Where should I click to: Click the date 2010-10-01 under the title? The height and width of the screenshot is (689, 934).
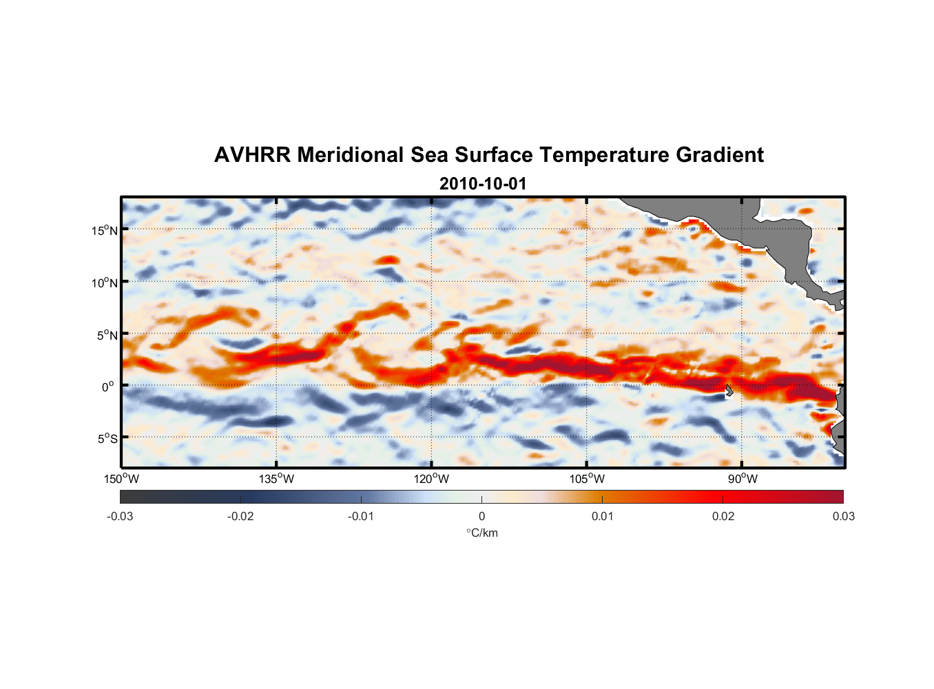[x=482, y=184]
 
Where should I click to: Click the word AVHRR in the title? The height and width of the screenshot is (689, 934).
[x=251, y=155]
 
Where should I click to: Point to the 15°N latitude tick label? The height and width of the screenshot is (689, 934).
[x=105, y=230]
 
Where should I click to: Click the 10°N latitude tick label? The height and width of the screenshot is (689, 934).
[x=105, y=282]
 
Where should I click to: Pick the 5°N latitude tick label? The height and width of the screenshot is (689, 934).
[x=107, y=335]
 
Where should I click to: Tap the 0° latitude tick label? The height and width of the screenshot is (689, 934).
[x=108, y=387]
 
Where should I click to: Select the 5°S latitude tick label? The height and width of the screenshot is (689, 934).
[x=107, y=439]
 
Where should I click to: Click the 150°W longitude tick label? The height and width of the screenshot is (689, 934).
[x=121, y=479]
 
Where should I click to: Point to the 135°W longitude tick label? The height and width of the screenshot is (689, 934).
[x=276, y=479]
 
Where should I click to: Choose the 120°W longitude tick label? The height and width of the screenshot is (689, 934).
[x=431, y=479]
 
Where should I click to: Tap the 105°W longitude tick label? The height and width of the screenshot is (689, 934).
[x=587, y=479]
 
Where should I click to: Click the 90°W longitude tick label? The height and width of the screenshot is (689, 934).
[x=743, y=479]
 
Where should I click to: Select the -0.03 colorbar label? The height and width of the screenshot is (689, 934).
[x=120, y=517]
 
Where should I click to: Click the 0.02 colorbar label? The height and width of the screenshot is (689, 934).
[x=723, y=517]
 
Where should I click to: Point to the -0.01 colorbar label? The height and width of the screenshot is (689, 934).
[x=361, y=517]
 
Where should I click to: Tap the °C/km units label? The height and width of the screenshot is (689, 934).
[x=481, y=533]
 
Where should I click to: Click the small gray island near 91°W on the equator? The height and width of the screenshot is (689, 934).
[x=729, y=390]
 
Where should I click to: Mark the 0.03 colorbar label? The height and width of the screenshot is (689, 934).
[x=843, y=517]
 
